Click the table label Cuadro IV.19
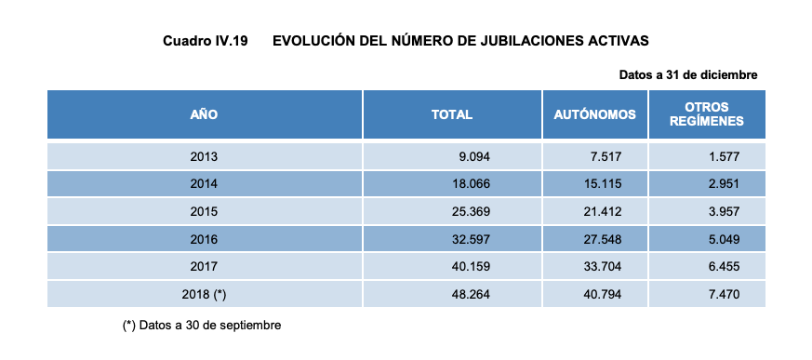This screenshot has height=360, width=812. click(205, 41)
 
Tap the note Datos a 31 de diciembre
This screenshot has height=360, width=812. click(688, 74)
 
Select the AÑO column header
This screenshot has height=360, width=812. click(204, 114)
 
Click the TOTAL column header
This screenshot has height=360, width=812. click(452, 114)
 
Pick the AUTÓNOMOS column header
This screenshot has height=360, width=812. click(594, 114)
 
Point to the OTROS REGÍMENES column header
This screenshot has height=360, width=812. click(707, 114)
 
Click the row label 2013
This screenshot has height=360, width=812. click(204, 156)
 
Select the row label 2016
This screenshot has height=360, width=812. click(204, 239)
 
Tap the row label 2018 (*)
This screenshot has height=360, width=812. click(204, 294)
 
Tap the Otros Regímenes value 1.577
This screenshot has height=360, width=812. click(723, 156)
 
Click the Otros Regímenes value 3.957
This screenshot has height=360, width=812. click(723, 211)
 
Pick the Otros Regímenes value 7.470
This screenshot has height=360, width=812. click(723, 294)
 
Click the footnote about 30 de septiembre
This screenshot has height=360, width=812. click(202, 326)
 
